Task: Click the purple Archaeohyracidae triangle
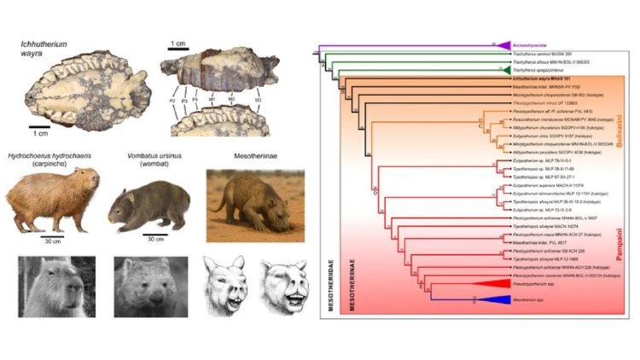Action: [503, 44]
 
